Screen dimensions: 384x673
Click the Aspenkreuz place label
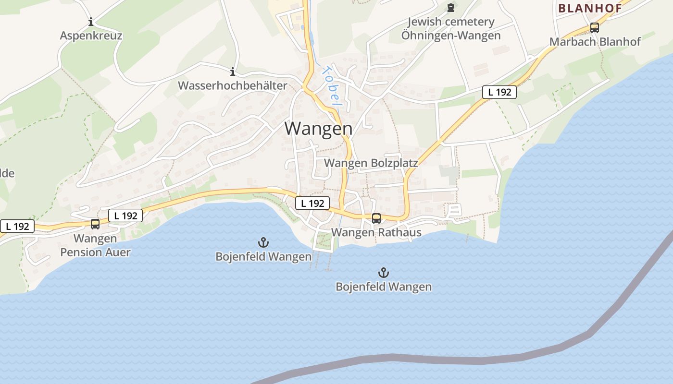pyautogui.click(x=91, y=36)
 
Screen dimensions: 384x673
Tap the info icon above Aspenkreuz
pyautogui.click(x=91, y=22)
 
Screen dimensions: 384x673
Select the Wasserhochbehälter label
pyautogui.click(x=232, y=86)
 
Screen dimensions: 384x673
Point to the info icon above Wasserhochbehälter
pyautogui.click(x=233, y=72)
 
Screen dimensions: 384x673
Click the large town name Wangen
pyautogui.click(x=318, y=129)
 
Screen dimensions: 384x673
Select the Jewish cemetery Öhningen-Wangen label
pyautogui.click(x=450, y=29)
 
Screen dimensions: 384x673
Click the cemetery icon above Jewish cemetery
pyautogui.click(x=450, y=8)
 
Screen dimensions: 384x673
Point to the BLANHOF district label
pyautogui.click(x=590, y=8)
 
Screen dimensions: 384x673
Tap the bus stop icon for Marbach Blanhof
pyautogui.click(x=595, y=28)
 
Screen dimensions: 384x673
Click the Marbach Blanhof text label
pyautogui.click(x=595, y=42)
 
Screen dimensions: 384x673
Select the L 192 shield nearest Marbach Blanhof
pyautogui.click(x=499, y=92)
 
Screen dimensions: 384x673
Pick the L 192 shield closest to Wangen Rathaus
pyautogui.click(x=312, y=203)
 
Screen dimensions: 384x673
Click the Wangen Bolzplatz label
pyautogui.click(x=371, y=163)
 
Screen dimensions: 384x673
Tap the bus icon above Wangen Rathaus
pyautogui.click(x=376, y=218)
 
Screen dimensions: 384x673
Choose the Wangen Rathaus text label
pyautogui.click(x=376, y=233)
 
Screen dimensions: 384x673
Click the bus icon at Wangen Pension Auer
pyautogui.click(x=95, y=224)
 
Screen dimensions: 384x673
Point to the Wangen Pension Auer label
pyautogui.click(x=95, y=245)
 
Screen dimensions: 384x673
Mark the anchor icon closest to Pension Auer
pyautogui.click(x=263, y=242)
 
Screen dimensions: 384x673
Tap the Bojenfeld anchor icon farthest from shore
pyautogui.click(x=384, y=273)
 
